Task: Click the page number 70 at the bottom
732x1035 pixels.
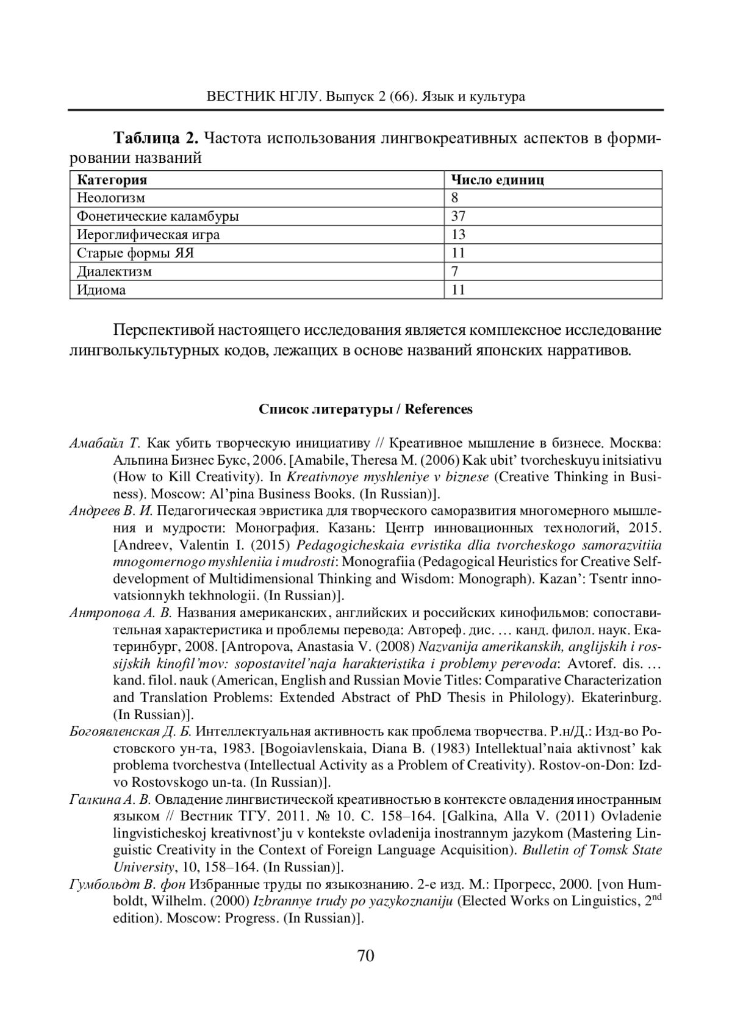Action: [x=365, y=956]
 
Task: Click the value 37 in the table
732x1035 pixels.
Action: [x=458, y=216]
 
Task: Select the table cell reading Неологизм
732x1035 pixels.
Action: [x=111, y=198]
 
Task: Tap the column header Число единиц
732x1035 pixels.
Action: [x=497, y=180]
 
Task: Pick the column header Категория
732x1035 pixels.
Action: [x=112, y=180]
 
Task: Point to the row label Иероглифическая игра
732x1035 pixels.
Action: [x=148, y=235]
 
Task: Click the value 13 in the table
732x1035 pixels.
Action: [x=458, y=235]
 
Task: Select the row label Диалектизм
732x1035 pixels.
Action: [x=114, y=271]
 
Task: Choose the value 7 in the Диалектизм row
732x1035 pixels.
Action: [x=454, y=271]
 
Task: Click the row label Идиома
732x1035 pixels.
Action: [x=101, y=290]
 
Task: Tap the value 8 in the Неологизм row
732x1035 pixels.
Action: [x=454, y=198]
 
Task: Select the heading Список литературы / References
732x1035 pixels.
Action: [x=365, y=409]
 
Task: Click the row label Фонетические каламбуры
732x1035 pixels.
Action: [x=158, y=216]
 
